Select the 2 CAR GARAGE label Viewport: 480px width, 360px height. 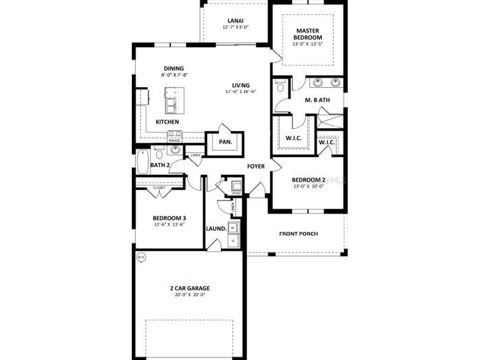click(x=190, y=288)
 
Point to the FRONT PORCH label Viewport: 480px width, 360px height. click(x=298, y=234)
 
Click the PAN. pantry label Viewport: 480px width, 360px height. click(x=225, y=142)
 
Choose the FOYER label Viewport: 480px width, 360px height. click(x=256, y=167)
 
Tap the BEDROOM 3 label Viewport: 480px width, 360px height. click(x=169, y=218)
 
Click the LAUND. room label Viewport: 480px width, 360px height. click(x=216, y=229)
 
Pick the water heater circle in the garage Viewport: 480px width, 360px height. click(x=141, y=258)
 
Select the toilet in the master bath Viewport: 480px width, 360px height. click(x=280, y=88)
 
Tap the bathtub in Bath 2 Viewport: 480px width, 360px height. click(x=143, y=162)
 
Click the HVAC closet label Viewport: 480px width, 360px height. click(x=236, y=193)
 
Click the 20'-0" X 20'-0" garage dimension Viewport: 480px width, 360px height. click(x=190, y=295)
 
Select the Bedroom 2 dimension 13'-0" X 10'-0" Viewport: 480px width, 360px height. click(x=308, y=186)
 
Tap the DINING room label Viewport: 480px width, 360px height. click(x=174, y=69)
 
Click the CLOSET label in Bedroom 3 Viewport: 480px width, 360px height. click(x=159, y=188)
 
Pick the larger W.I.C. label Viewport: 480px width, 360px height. click(x=293, y=138)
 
